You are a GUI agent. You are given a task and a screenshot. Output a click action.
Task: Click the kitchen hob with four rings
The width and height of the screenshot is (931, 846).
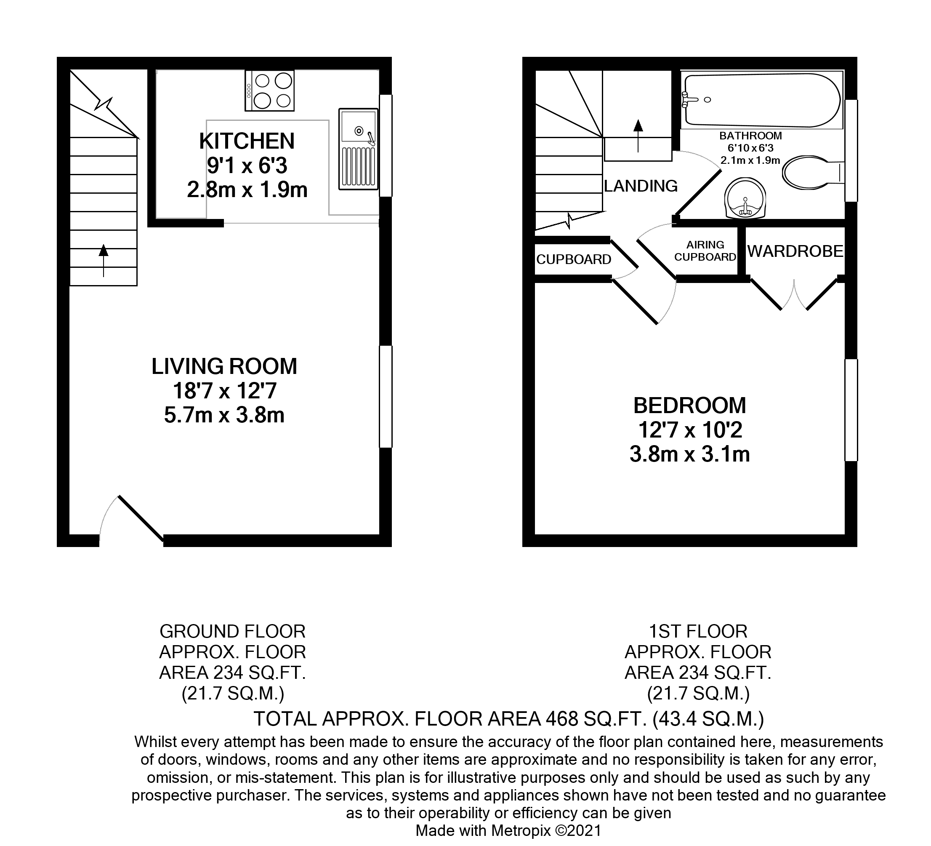(270, 91)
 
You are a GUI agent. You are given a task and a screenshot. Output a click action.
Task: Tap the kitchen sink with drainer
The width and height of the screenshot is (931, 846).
(358, 149)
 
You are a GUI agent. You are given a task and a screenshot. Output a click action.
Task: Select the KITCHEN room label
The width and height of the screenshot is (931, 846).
(247, 141)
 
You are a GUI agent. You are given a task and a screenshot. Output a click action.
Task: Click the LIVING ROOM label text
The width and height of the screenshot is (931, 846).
(224, 366)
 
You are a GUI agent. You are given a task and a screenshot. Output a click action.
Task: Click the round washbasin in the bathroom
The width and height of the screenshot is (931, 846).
(745, 199)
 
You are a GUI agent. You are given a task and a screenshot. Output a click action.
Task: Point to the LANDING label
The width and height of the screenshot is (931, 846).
(641, 186)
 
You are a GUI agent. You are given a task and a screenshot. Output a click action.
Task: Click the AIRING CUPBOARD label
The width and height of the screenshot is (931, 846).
(705, 251)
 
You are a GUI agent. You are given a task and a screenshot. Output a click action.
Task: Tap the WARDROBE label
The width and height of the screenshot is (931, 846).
(795, 251)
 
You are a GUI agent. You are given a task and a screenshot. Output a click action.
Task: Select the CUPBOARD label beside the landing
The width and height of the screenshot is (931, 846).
(574, 260)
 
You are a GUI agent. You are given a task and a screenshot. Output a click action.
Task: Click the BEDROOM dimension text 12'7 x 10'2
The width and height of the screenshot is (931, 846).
(690, 430)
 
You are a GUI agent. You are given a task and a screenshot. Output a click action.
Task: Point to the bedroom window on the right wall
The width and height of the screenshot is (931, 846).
(851, 410)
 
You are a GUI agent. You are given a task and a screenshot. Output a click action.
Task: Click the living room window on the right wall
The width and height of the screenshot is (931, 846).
(386, 396)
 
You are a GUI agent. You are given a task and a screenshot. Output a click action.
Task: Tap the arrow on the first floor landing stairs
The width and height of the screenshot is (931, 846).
(638, 135)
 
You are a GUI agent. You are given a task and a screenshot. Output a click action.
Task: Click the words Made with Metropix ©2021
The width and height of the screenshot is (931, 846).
(508, 830)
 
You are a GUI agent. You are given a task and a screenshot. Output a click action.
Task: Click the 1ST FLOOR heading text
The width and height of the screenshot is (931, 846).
(698, 631)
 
